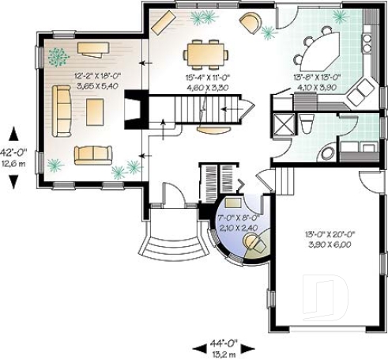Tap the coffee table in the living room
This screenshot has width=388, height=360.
[95, 109]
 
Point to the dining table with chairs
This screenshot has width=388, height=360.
[205, 53]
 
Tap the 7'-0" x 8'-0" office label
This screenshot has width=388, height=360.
[237, 222]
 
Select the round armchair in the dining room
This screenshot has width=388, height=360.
[250, 22]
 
